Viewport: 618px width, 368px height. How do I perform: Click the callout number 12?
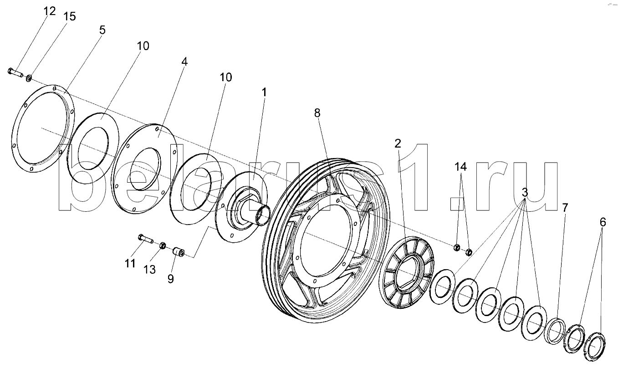(x=50, y=11)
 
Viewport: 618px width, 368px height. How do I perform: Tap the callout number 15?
(x=69, y=17)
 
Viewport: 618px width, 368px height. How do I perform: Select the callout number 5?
(x=102, y=30)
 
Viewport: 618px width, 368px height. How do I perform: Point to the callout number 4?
(x=184, y=61)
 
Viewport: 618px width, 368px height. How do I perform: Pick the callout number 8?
(x=317, y=113)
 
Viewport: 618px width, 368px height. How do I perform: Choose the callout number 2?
(x=398, y=143)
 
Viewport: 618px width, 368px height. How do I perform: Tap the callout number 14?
(x=461, y=167)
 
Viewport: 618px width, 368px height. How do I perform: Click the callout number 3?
(x=525, y=193)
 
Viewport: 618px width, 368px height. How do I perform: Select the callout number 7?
(x=565, y=208)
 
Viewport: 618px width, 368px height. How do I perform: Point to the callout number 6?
(x=603, y=222)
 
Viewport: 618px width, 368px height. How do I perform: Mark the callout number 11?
(x=131, y=263)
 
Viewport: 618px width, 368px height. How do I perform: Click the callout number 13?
(x=150, y=270)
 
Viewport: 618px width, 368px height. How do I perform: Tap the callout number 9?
(x=170, y=278)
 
